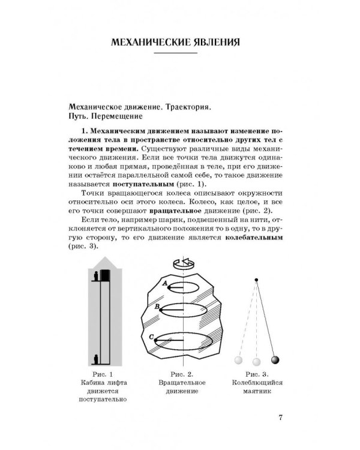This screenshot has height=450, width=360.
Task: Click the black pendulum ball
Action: pyautogui.click(x=275, y=360)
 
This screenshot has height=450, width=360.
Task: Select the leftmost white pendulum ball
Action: pyautogui.click(x=238, y=361)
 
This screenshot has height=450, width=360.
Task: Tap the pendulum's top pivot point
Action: pyautogui.click(x=256, y=280)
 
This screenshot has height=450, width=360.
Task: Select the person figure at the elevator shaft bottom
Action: pyautogui.click(x=97, y=360)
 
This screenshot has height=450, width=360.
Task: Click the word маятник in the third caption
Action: pyautogui.click(x=259, y=392)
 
